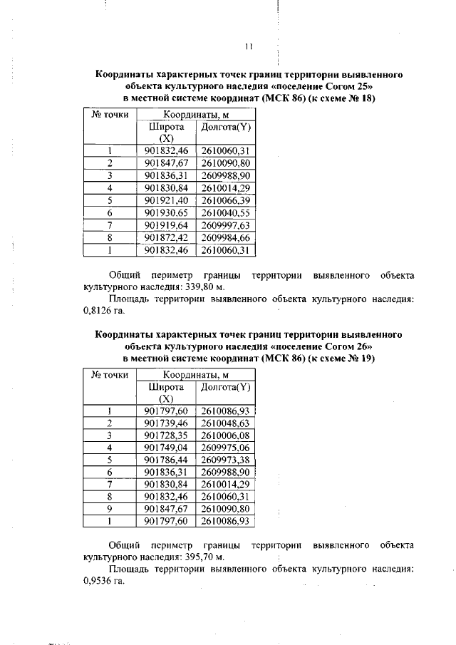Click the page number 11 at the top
click(x=249, y=47)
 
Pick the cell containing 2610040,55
click(x=225, y=212)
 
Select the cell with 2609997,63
click(x=225, y=225)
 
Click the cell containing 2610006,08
click(x=225, y=435)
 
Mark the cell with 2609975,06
click(x=225, y=448)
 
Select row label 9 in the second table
click(x=110, y=510)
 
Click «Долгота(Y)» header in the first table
click(x=225, y=127)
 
